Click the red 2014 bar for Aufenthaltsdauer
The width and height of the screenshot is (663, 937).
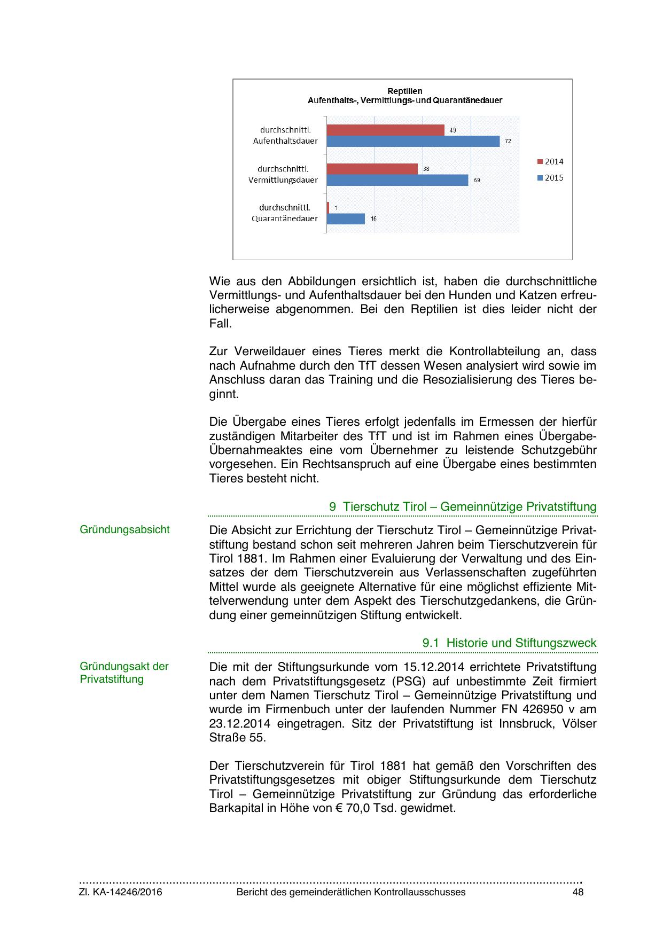(385, 130)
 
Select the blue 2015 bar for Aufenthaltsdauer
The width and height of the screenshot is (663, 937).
(413, 141)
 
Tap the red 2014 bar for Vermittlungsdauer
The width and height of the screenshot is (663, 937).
(372, 169)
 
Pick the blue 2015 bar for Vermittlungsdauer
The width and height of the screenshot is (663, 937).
(397, 180)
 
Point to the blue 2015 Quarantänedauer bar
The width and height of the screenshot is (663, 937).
(346, 218)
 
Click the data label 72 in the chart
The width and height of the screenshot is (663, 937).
(508, 142)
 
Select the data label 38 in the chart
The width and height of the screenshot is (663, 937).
(426, 169)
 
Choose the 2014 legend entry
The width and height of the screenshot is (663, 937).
(550, 162)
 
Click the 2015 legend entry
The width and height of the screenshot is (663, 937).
(550, 178)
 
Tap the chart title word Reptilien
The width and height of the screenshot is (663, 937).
(404, 91)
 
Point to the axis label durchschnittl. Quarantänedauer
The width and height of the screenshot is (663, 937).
(285, 213)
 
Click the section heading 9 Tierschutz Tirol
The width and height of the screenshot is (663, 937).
(463, 506)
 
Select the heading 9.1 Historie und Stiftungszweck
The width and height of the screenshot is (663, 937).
(509, 643)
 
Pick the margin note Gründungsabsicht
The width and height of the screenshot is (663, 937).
(124, 529)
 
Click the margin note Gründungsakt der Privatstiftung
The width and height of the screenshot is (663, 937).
(124, 673)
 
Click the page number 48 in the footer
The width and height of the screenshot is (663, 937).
(578, 892)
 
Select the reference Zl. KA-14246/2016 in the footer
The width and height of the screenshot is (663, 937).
(121, 892)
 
